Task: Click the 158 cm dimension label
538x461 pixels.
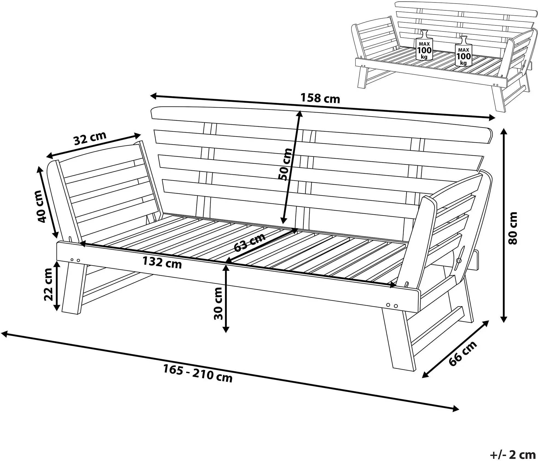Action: [320, 98]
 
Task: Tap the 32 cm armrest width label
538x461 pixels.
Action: [90, 138]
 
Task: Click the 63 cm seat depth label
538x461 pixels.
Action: [250, 242]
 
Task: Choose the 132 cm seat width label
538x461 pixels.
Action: [162, 262]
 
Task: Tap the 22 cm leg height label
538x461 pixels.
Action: [49, 284]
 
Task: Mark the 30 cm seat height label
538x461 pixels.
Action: [218, 303]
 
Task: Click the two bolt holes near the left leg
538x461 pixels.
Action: [75, 260]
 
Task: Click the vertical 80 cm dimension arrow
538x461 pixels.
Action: [504, 225]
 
